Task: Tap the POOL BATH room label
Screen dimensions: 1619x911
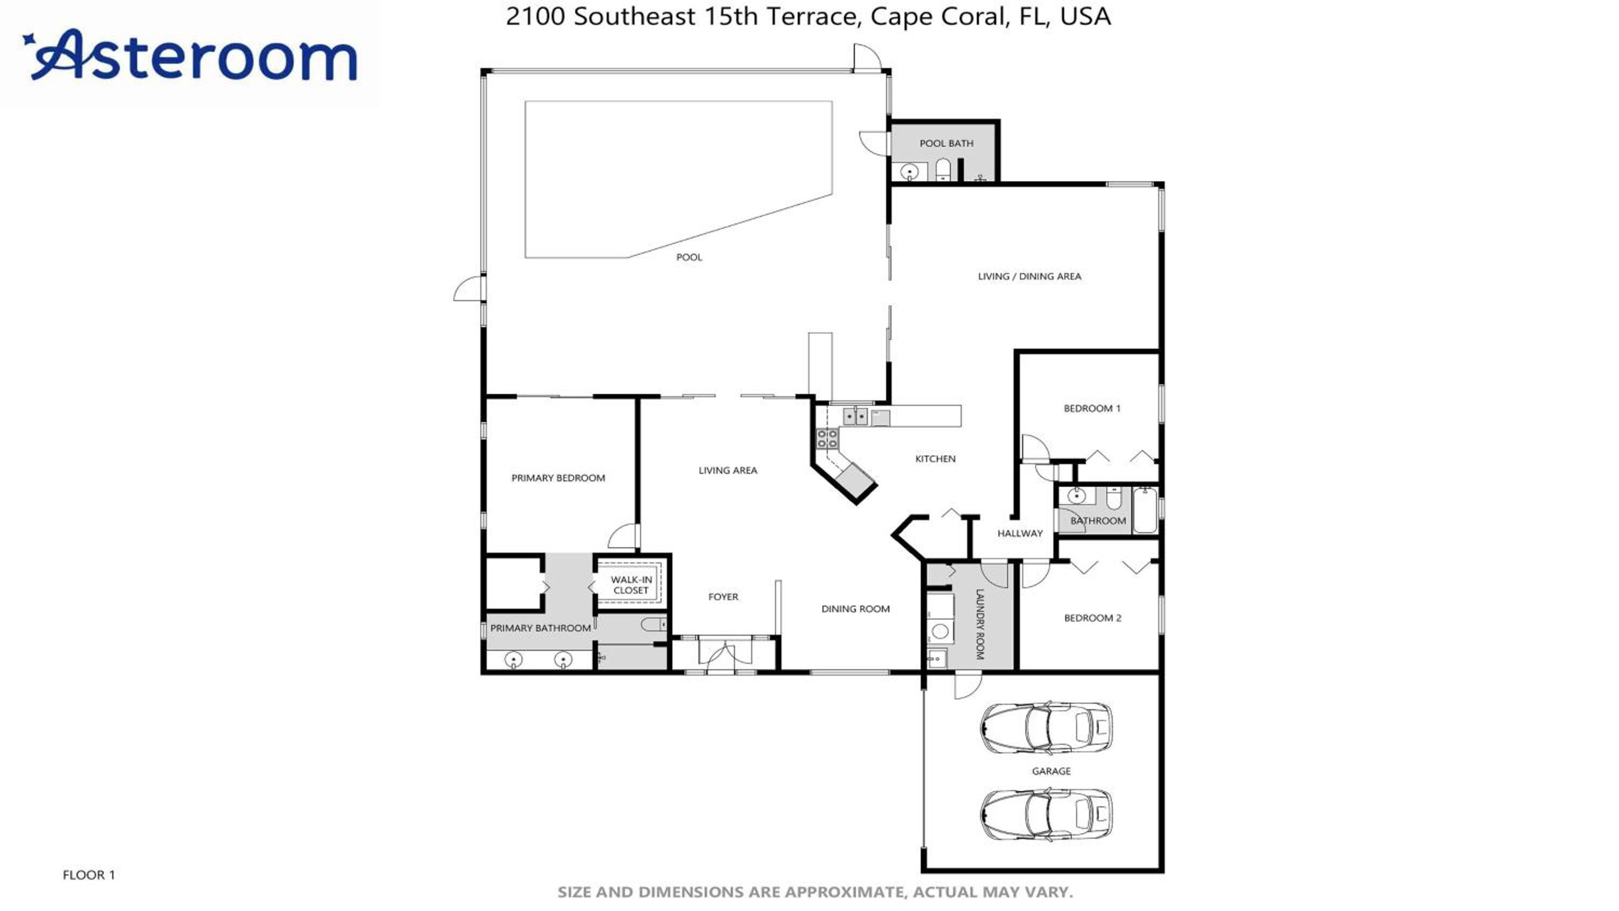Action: click(946, 144)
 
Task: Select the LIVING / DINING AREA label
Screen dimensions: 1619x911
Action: click(1030, 276)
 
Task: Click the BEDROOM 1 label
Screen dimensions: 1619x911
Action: click(1092, 408)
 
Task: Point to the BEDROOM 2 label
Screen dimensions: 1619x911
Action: click(1092, 618)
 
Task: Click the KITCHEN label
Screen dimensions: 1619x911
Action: click(935, 459)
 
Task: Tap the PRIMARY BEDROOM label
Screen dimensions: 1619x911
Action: click(558, 478)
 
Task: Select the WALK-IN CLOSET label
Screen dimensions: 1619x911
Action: click(631, 584)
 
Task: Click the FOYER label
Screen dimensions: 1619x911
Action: click(723, 597)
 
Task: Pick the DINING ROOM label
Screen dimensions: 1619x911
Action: click(855, 609)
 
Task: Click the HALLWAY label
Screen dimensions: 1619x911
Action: click(1019, 533)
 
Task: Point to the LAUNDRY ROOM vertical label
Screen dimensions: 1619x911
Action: click(979, 624)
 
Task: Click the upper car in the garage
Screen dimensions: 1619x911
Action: click(1045, 728)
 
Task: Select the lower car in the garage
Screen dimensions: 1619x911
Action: click(1045, 815)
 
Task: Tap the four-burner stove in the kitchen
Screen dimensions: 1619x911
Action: click(827, 439)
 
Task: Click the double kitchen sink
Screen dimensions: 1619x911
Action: click(855, 416)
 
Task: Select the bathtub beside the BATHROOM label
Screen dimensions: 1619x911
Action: click(1145, 510)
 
